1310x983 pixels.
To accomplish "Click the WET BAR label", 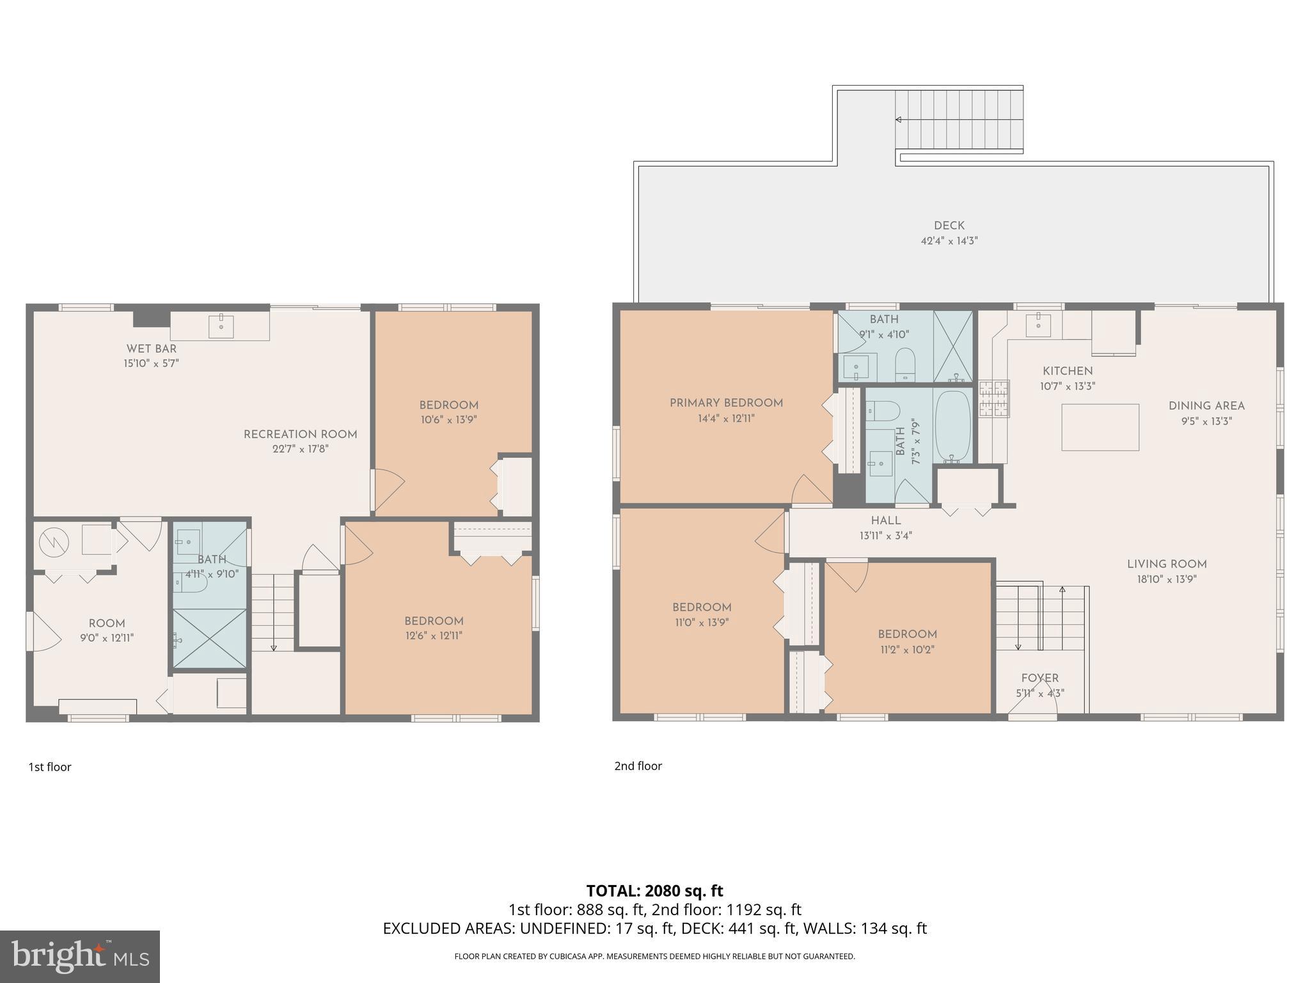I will point(152,349).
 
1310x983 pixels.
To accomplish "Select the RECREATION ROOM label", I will point(300,435).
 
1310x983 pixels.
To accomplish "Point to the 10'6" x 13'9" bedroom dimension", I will point(448,420).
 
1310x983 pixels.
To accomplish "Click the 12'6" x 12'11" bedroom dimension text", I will point(433,635).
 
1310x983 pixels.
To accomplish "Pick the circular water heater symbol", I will point(54,543).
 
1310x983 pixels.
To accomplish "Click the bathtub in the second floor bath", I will point(953,426).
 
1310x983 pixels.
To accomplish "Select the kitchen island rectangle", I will point(1100,427).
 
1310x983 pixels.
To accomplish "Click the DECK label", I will point(949,225).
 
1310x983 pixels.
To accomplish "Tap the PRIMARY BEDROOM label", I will point(726,403).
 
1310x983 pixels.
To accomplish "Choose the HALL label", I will point(885,521).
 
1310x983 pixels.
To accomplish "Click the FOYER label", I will point(1039,678).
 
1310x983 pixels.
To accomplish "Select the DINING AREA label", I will point(1206,406).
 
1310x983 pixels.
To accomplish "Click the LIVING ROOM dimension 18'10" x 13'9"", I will point(1167,579).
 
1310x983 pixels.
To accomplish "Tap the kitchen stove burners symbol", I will point(994,399).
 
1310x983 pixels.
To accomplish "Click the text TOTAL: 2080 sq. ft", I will point(654,891).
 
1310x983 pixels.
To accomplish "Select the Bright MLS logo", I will point(80,956).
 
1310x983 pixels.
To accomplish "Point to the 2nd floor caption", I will point(638,766).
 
